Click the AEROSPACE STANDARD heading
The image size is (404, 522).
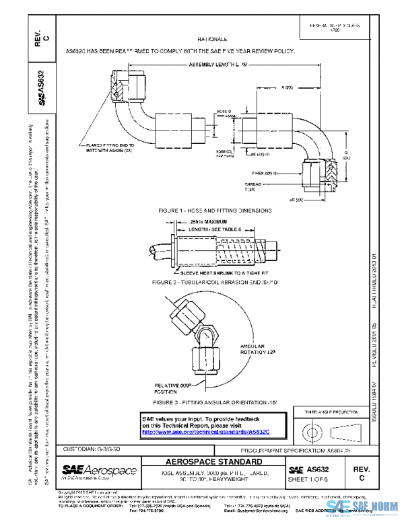215,463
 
